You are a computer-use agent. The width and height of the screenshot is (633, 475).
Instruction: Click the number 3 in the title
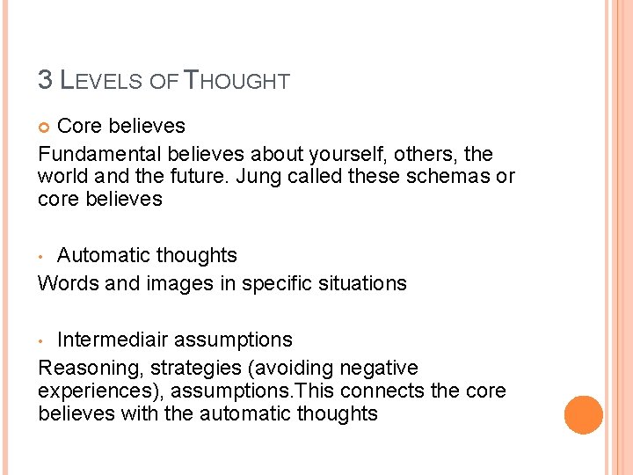pos(46,80)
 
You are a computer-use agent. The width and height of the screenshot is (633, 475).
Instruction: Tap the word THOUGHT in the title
pos(236,81)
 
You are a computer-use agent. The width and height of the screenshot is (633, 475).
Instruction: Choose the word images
pos(198,283)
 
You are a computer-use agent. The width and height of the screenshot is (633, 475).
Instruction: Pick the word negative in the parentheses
pos(374,368)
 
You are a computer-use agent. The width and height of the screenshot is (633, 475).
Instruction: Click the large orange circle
pos(583,414)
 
